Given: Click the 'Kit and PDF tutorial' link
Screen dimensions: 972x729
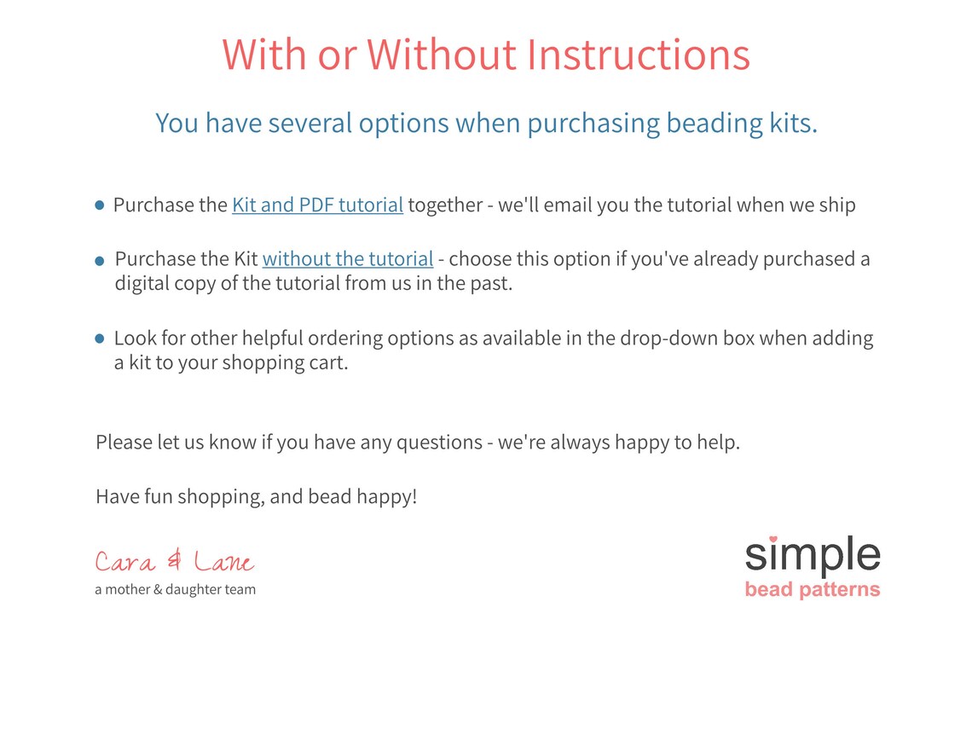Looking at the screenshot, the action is coord(317,205).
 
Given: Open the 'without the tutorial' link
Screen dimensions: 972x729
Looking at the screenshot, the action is coord(348,259).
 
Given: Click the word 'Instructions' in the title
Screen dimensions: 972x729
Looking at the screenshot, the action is coord(639,55).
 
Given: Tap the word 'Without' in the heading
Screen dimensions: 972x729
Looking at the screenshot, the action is coord(442,55).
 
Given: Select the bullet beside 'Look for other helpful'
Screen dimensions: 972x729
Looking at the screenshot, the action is coord(99,338).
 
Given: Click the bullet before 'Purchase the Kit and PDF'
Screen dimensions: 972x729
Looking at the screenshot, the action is coord(99,205).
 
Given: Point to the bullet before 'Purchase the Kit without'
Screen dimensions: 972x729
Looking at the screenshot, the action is coord(99,261).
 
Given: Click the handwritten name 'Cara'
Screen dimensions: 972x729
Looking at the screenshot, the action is coord(124,562).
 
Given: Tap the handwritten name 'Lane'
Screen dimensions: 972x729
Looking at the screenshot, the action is coord(223,561).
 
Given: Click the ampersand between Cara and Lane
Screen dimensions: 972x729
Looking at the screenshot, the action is coord(175,560).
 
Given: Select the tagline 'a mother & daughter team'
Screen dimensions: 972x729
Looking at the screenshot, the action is coord(176,589).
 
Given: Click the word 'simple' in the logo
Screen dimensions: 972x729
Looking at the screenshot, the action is coord(812,555).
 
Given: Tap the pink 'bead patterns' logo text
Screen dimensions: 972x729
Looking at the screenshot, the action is coord(812,589).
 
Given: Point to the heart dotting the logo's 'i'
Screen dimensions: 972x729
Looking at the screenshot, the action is coord(773,540).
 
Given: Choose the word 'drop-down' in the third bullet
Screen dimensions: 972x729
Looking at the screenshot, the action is coord(666,338).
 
